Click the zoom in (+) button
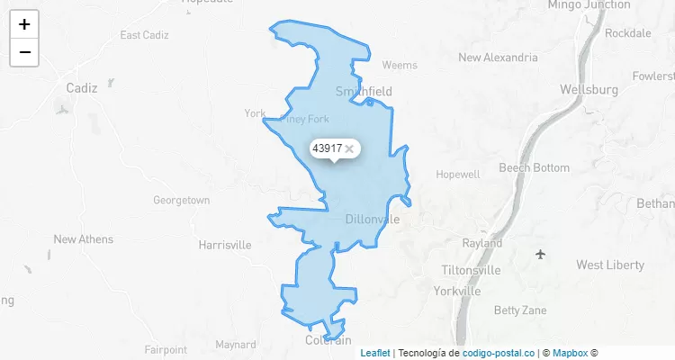24,24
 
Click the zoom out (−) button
24,52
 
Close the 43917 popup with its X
349,148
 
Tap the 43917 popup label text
327,148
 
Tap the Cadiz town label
82,88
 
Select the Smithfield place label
364,91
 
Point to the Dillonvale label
372,219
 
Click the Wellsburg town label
589,90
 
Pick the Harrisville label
224,245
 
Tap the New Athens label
84,239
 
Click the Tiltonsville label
472,270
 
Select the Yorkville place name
457,292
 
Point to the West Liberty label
610,265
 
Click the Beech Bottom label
534,167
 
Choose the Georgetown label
181,200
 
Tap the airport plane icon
540,254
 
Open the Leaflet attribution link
375,353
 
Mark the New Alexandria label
498,58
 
